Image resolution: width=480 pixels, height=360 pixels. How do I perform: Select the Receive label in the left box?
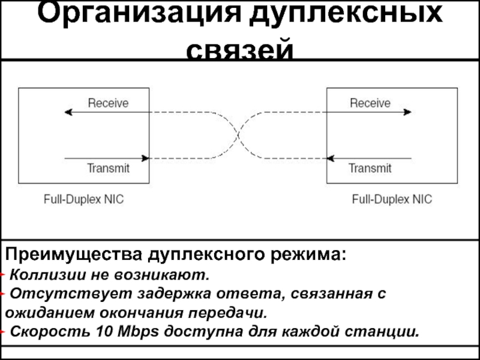(108, 103)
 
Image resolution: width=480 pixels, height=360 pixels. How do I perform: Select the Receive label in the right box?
(370, 103)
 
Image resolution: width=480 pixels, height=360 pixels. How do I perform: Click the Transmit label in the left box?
(108, 168)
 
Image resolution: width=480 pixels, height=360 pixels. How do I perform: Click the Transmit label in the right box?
(370, 168)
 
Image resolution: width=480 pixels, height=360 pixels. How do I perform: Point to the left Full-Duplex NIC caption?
(84, 199)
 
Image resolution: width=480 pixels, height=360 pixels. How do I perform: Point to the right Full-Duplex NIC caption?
(392, 199)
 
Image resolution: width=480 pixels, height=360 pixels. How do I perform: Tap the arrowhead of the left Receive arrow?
(67, 112)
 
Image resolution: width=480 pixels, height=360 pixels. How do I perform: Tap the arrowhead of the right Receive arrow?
(408, 112)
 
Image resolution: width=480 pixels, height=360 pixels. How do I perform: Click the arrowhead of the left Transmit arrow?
(145, 158)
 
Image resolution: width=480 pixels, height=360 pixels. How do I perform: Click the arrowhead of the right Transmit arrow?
(330, 158)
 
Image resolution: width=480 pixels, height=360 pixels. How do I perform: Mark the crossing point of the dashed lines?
(238, 135)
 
